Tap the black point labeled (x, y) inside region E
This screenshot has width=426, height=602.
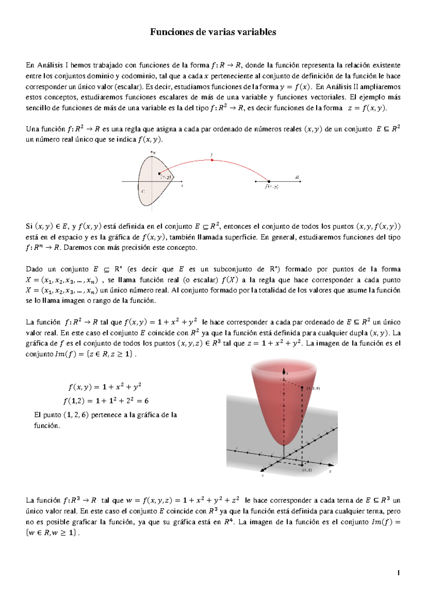(x=159, y=174)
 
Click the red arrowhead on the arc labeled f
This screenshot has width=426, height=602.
(x=212, y=160)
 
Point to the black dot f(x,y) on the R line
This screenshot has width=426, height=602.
(x=269, y=182)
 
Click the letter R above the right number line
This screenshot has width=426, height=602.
(x=297, y=177)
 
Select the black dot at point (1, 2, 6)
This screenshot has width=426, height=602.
(x=302, y=388)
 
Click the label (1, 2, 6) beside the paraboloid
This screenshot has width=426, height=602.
(x=313, y=388)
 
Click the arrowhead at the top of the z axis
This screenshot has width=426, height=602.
(x=284, y=369)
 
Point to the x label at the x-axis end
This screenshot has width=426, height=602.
(x=263, y=475)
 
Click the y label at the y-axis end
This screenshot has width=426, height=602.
(x=330, y=471)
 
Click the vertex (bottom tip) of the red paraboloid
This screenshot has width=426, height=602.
(x=284, y=445)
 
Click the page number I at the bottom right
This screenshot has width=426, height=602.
(x=399, y=573)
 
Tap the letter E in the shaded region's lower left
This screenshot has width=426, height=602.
(x=143, y=191)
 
